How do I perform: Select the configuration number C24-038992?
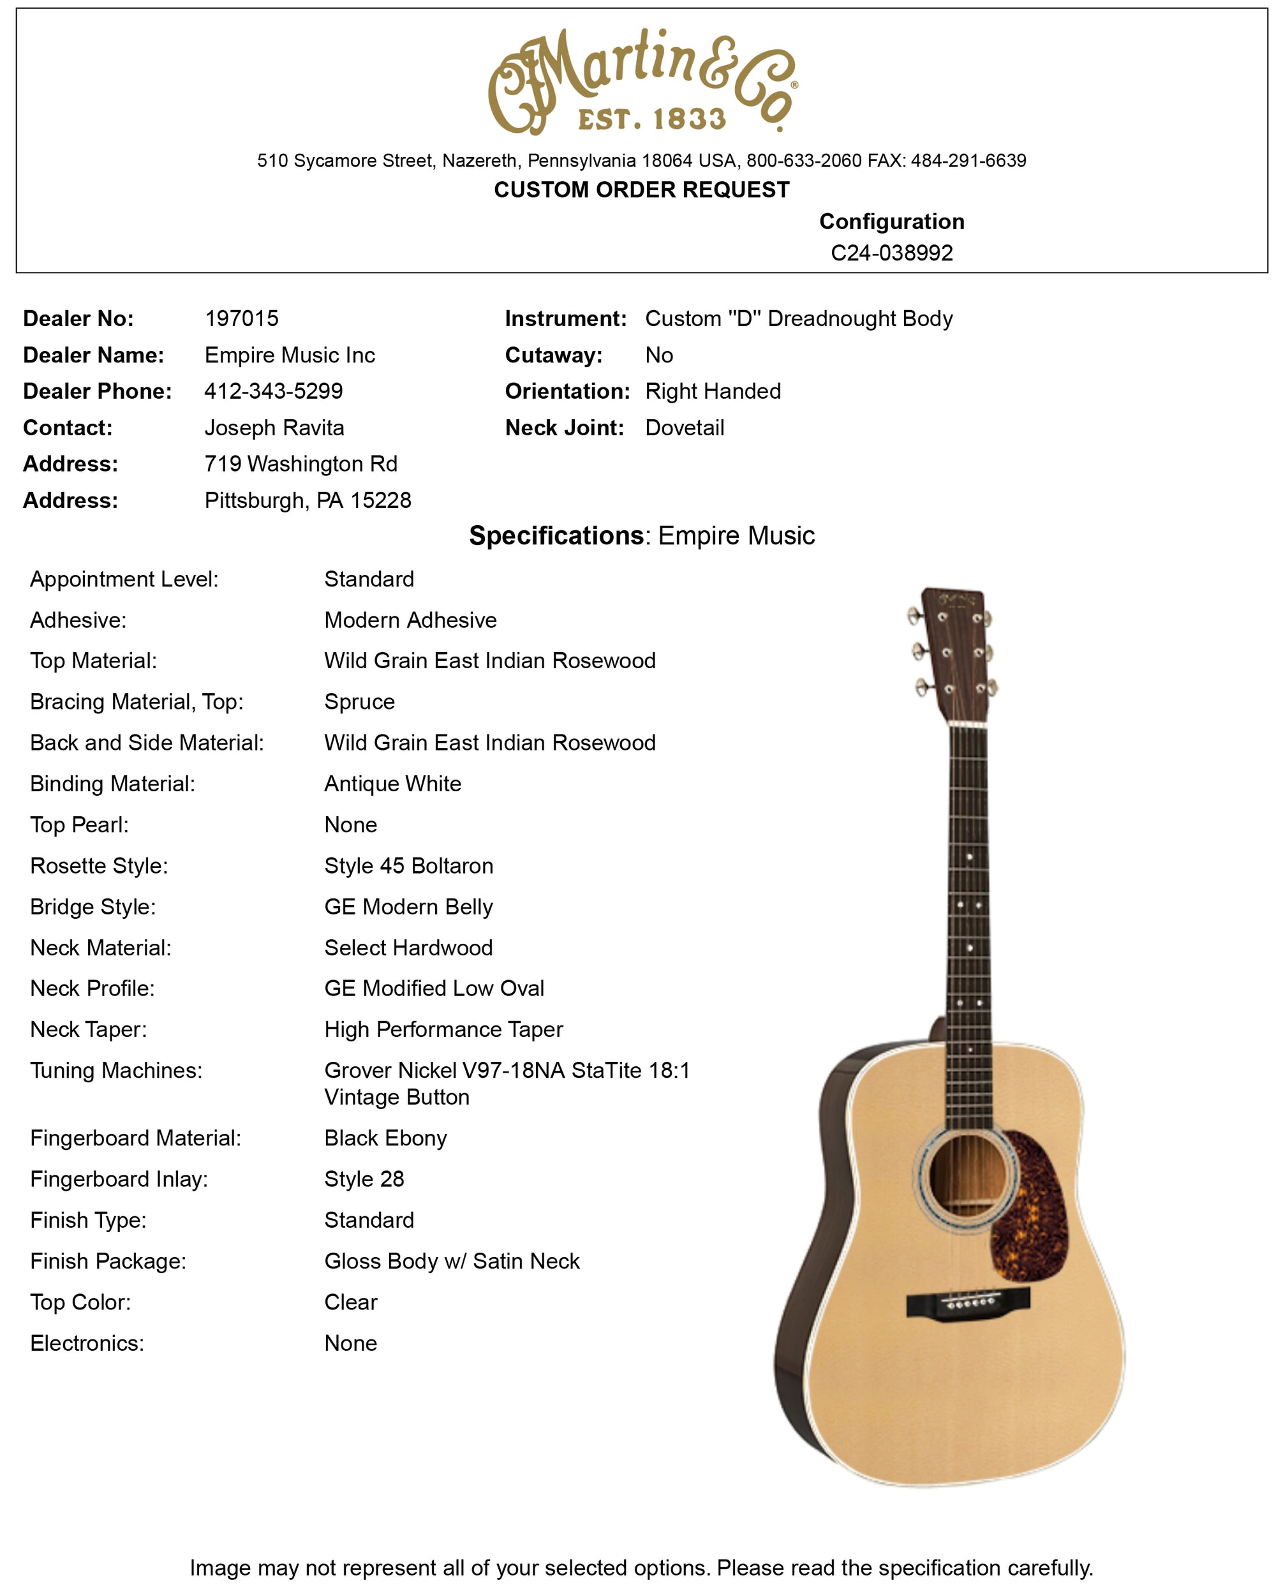891,253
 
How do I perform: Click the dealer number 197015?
241,318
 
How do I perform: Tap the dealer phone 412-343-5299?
273,391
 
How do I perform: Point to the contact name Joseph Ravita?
274,428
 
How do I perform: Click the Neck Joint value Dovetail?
685,428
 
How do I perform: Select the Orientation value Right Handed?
712,391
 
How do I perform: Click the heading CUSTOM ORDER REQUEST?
641,190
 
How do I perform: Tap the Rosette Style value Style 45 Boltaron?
408,866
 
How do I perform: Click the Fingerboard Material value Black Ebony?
385,1138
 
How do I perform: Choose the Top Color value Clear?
350,1302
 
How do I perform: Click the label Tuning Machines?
115,1070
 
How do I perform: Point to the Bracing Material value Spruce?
359,701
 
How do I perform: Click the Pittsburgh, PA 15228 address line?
308,500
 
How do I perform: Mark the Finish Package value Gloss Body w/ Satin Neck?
452,1261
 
